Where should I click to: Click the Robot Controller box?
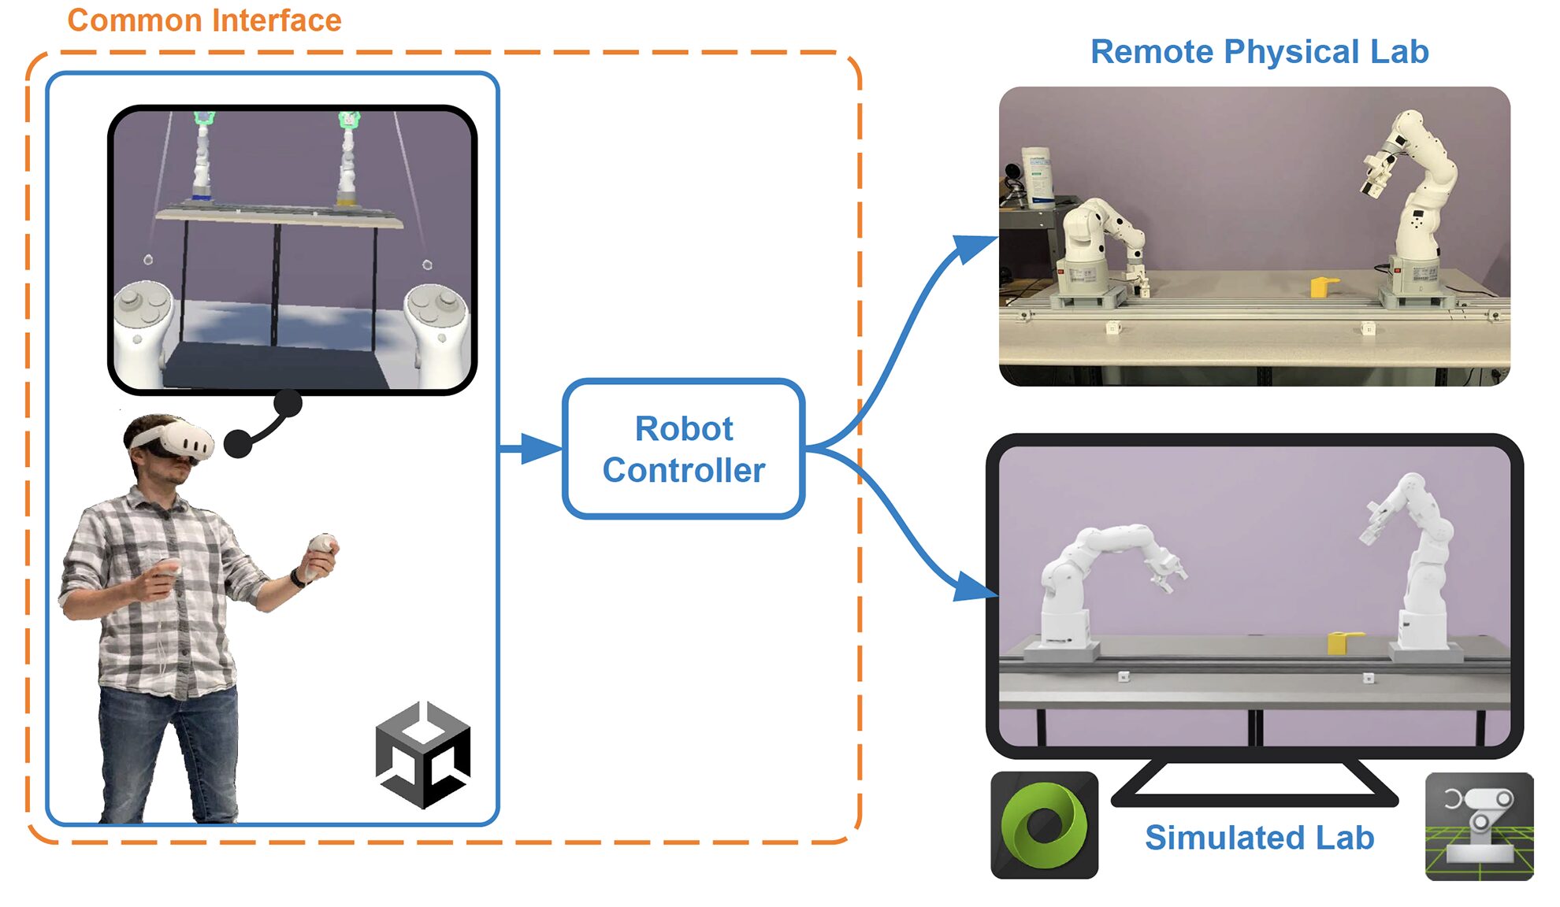click(x=683, y=449)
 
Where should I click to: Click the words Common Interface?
click(x=204, y=20)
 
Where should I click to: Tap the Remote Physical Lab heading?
click(x=1259, y=52)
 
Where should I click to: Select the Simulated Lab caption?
click(x=1259, y=837)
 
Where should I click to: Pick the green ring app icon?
click(x=1044, y=825)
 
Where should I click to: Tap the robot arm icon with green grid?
click(x=1479, y=826)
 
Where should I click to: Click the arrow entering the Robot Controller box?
click(x=536, y=449)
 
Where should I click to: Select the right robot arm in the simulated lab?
click(x=1418, y=567)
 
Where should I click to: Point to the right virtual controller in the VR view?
click(x=437, y=323)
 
